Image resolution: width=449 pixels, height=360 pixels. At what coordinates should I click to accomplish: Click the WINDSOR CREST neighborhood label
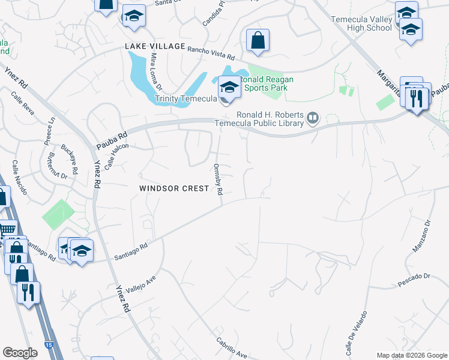click(x=174, y=188)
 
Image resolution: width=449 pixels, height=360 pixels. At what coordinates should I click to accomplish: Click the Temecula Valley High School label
click(x=361, y=24)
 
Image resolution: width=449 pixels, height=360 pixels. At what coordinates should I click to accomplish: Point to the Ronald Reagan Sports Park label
click(x=264, y=83)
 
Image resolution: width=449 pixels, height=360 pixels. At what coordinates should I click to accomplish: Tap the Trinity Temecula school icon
click(x=229, y=89)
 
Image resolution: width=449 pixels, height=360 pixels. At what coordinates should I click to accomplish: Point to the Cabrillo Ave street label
click(x=232, y=347)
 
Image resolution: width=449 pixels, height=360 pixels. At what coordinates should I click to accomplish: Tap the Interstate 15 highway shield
click(x=48, y=346)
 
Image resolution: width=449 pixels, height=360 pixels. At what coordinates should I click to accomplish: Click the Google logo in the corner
click(x=20, y=353)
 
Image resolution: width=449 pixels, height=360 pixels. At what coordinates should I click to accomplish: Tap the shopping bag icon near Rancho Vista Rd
click(x=258, y=41)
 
